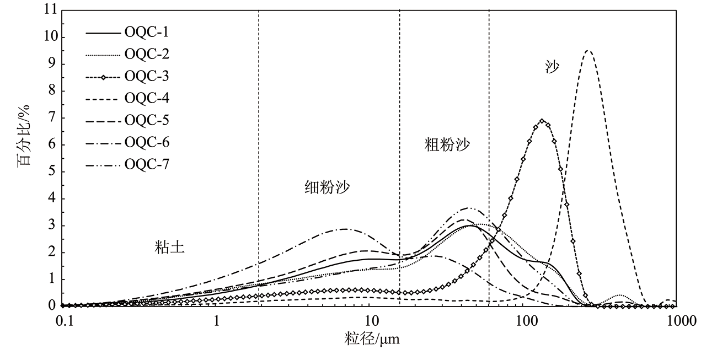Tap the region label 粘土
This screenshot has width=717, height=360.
[169, 248]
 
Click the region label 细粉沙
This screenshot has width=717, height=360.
[327, 187]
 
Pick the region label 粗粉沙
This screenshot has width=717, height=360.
[447, 145]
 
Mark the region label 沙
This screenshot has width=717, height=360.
[552, 68]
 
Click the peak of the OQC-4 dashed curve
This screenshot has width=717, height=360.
[588, 51]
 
